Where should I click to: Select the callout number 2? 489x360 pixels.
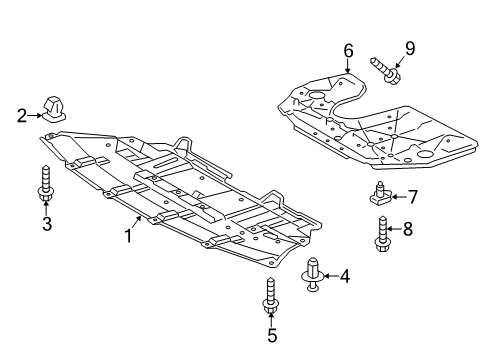tap(21, 116)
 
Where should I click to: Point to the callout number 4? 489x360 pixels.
tap(345, 274)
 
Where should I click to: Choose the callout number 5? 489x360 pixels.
tap(272, 335)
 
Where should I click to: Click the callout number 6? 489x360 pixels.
tap(348, 49)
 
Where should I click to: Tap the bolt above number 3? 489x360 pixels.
tap(46, 182)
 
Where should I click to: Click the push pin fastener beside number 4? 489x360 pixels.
tap(313, 272)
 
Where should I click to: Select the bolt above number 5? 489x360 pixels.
tap(271, 296)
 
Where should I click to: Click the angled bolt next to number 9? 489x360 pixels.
tap(388, 67)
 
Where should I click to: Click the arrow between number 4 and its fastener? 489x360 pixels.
tap(331, 274)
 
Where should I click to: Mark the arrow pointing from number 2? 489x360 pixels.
tap(33, 116)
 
